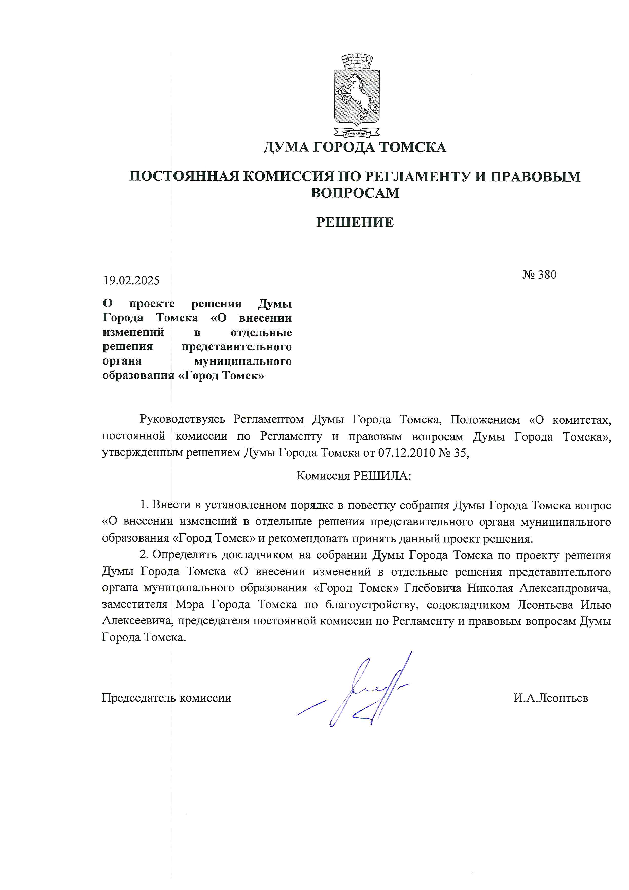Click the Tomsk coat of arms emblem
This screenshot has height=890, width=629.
tap(357, 95)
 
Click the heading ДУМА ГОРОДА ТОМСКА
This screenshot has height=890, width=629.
tap(355, 147)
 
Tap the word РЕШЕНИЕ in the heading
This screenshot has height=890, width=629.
tap(355, 222)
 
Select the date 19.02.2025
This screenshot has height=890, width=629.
tap(131, 280)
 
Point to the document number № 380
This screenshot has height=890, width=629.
tap(540, 275)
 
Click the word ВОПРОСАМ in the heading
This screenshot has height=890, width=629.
tap(355, 193)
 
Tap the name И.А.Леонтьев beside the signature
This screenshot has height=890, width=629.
tap(550, 698)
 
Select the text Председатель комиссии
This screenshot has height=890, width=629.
tap(166, 698)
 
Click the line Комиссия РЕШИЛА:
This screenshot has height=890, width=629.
tap(354, 476)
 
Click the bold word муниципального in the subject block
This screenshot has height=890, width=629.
tap(243, 361)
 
